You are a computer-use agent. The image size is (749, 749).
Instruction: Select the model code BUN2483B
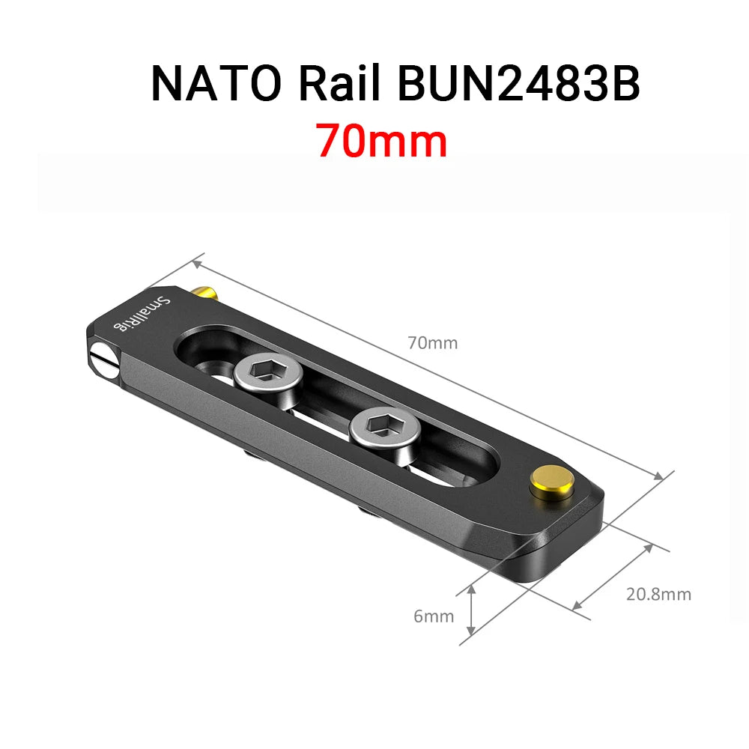[518, 84]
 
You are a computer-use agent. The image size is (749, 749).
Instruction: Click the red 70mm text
[381, 140]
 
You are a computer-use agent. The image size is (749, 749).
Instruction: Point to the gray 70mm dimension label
[432, 344]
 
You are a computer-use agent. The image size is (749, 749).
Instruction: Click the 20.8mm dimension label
[658, 595]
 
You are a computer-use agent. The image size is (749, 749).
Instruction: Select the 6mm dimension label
[434, 616]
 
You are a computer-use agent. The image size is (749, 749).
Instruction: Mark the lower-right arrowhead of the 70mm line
[659, 477]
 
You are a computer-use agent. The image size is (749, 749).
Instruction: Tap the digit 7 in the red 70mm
[330, 140]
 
